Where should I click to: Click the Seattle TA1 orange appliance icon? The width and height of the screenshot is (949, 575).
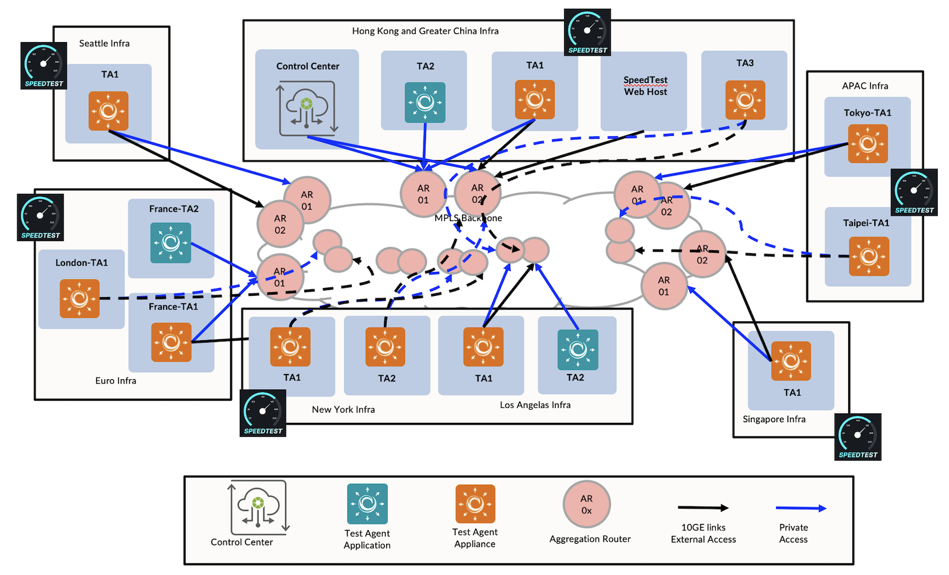[109, 111]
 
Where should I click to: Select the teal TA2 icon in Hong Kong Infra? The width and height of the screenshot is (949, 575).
[425, 103]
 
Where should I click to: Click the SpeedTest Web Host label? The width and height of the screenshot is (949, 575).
[645, 86]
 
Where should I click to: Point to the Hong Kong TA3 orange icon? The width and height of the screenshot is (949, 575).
[745, 100]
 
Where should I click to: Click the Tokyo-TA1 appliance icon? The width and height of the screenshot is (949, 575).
[868, 143]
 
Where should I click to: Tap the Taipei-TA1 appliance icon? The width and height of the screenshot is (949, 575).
[869, 256]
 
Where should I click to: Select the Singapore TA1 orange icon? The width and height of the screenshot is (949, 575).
[791, 361]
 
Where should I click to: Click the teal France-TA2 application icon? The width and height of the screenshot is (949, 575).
[171, 242]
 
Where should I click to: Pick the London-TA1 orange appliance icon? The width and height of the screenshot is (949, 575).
[79, 298]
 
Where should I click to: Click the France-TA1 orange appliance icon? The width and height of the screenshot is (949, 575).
[171, 342]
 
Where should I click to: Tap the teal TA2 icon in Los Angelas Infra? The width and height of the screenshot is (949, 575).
[577, 350]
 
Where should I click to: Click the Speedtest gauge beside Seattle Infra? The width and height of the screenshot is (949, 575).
[43, 66]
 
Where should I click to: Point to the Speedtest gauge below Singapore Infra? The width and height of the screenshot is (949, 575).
[858, 437]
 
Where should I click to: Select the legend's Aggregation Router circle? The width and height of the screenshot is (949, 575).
[587, 504]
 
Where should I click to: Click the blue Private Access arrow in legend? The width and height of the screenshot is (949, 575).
[801, 508]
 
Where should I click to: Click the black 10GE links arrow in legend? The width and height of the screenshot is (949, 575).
[703, 507]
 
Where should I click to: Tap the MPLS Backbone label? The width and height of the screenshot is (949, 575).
[468, 218]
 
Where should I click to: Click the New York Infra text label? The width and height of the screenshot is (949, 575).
[343, 410]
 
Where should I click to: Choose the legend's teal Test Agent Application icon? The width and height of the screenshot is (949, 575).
[367, 504]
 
